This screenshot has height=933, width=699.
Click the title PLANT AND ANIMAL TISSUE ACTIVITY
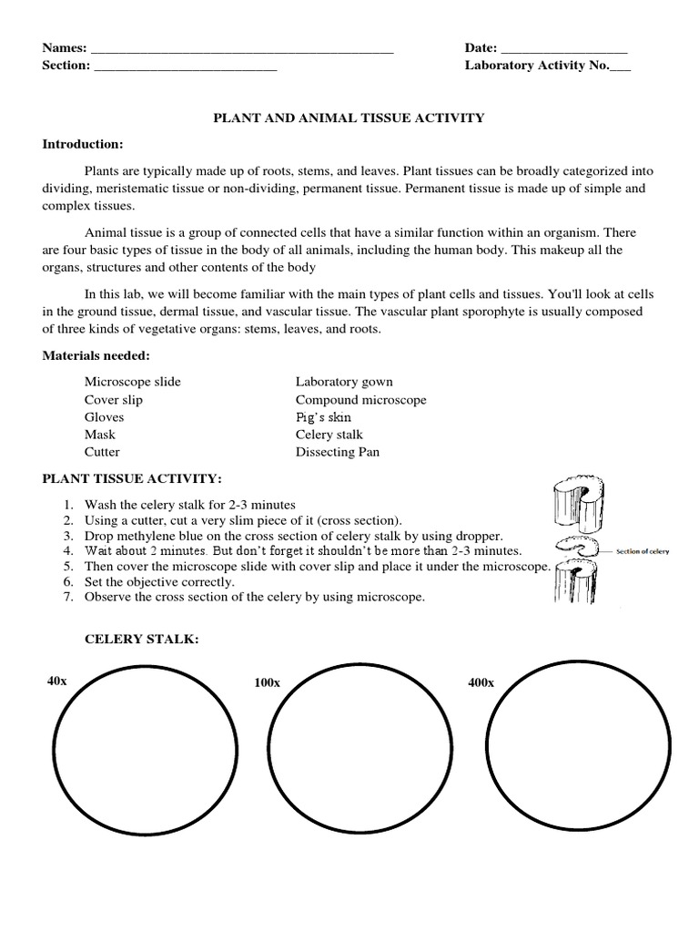(x=349, y=118)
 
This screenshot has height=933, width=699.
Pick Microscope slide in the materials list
(x=132, y=382)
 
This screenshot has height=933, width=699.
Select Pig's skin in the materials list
(x=323, y=417)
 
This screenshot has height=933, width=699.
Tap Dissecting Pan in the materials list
(x=337, y=452)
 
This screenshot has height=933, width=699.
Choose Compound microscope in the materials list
(x=360, y=400)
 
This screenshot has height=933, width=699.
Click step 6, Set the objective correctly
(x=159, y=581)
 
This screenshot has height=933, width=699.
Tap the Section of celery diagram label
(x=645, y=550)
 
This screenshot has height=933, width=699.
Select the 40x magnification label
(x=56, y=682)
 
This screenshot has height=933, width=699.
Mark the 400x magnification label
(x=481, y=682)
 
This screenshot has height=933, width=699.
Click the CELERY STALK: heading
(x=141, y=641)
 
